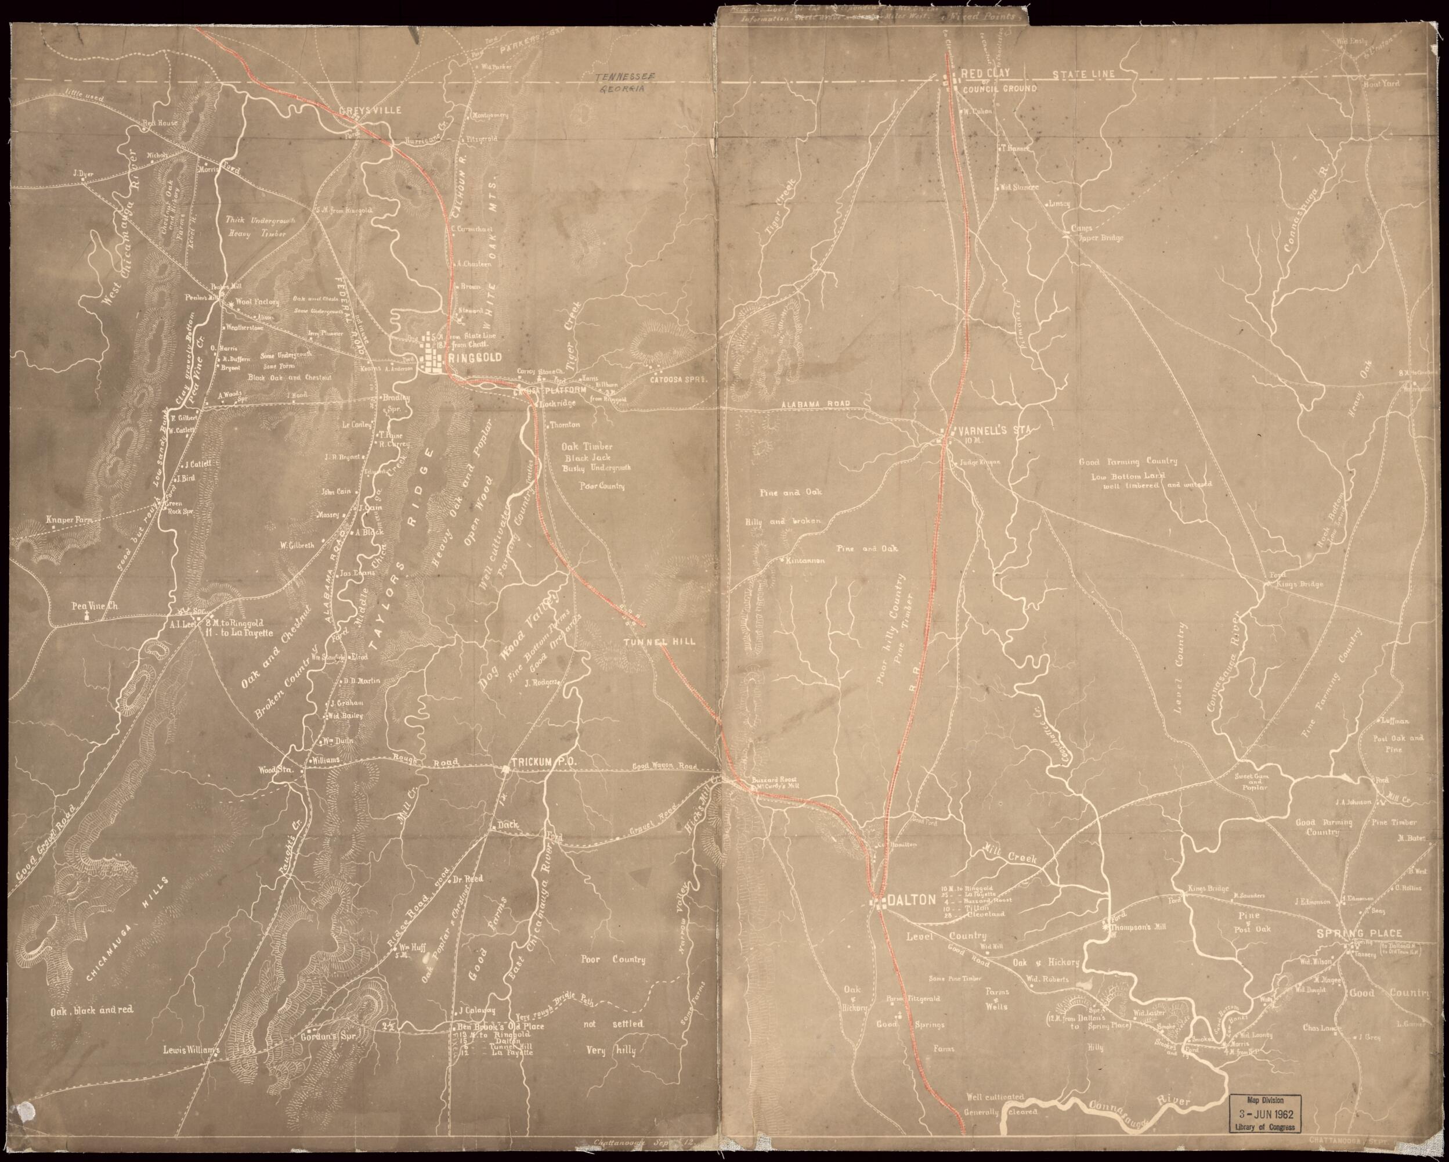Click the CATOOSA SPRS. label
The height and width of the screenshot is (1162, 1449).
click(680, 380)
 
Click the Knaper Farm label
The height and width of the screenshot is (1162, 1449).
click(68, 520)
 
